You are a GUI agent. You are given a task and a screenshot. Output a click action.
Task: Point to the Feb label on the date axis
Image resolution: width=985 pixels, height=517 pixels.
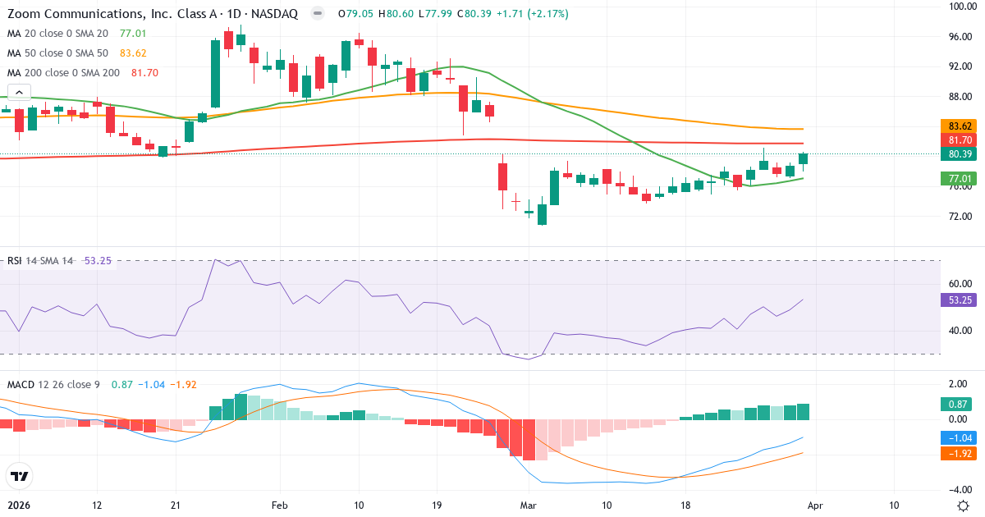[280, 505]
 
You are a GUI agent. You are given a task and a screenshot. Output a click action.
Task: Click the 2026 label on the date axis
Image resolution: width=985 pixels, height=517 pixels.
[18, 505]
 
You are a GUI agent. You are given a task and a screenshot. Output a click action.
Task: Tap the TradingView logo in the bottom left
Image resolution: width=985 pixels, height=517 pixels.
[20, 476]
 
